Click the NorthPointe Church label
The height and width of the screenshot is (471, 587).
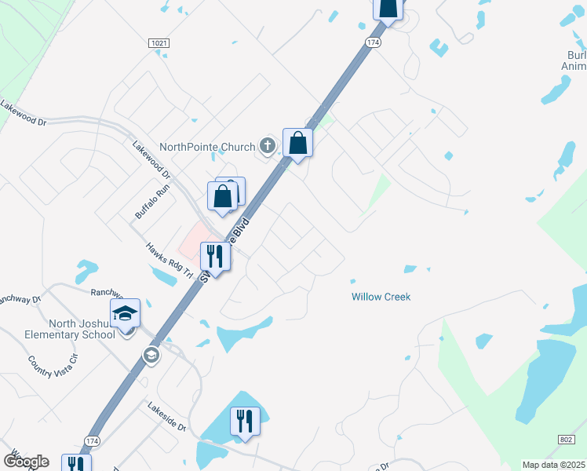207,147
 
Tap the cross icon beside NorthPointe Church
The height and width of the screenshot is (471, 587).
268,145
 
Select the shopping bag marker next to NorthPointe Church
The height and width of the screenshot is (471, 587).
297,143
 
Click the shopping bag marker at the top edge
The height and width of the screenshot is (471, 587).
388,8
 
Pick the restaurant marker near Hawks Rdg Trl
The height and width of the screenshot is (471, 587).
214,256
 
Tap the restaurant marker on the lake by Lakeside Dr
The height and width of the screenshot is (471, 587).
245,421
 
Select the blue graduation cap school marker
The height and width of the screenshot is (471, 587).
125,313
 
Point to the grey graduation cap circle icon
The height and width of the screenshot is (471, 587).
151,356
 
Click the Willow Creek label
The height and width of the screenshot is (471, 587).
381,297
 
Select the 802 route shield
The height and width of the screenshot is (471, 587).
567,440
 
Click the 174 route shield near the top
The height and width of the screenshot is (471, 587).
374,42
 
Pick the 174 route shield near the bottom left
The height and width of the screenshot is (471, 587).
92,441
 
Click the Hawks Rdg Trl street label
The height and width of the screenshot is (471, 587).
169,260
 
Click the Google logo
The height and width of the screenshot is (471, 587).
26,462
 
